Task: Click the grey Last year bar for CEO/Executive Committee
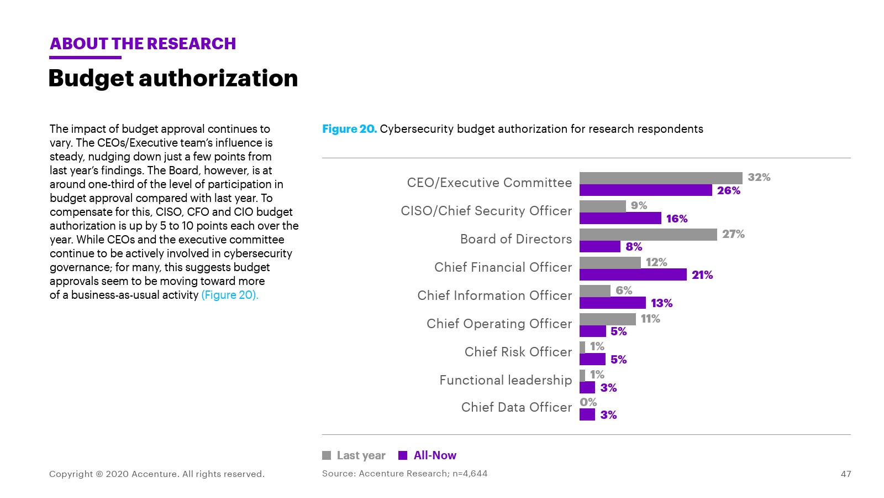click(x=661, y=178)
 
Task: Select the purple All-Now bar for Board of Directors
click(x=600, y=246)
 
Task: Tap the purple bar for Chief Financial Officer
click(x=633, y=274)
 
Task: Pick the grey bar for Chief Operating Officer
click(x=608, y=319)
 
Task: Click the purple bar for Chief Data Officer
click(x=587, y=414)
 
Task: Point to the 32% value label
click(x=759, y=177)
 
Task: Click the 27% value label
click(x=733, y=234)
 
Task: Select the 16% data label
click(x=677, y=219)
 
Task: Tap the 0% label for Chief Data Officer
click(x=588, y=402)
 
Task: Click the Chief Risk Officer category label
click(x=518, y=352)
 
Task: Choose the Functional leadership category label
click(x=506, y=380)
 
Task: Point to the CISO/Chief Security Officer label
click(x=486, y=211)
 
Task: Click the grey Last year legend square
click(x=327, y=455)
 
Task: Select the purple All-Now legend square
click(x=403, y=455)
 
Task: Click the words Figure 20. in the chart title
click(x=349, y=129)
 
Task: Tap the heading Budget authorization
click(x=173, y=78)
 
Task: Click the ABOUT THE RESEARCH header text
click(x=143, y=44)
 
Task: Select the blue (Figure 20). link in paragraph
click(x=230, y=295)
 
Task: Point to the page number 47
click(x=846, y=474)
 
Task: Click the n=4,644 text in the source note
click(x=470, y=473)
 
